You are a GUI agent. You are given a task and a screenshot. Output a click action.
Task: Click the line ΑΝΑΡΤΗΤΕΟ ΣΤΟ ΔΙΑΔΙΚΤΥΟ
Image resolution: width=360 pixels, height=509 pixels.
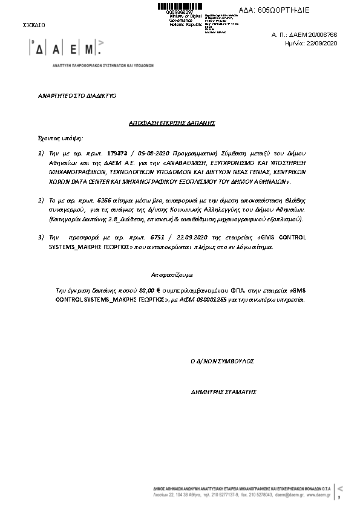point(77,96)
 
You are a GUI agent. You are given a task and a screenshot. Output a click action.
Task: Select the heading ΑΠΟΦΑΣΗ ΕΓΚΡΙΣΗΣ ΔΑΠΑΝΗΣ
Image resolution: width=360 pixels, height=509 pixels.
point(172,123)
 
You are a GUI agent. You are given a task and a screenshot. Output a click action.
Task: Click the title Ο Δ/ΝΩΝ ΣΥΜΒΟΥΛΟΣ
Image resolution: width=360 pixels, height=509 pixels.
point(222,360)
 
